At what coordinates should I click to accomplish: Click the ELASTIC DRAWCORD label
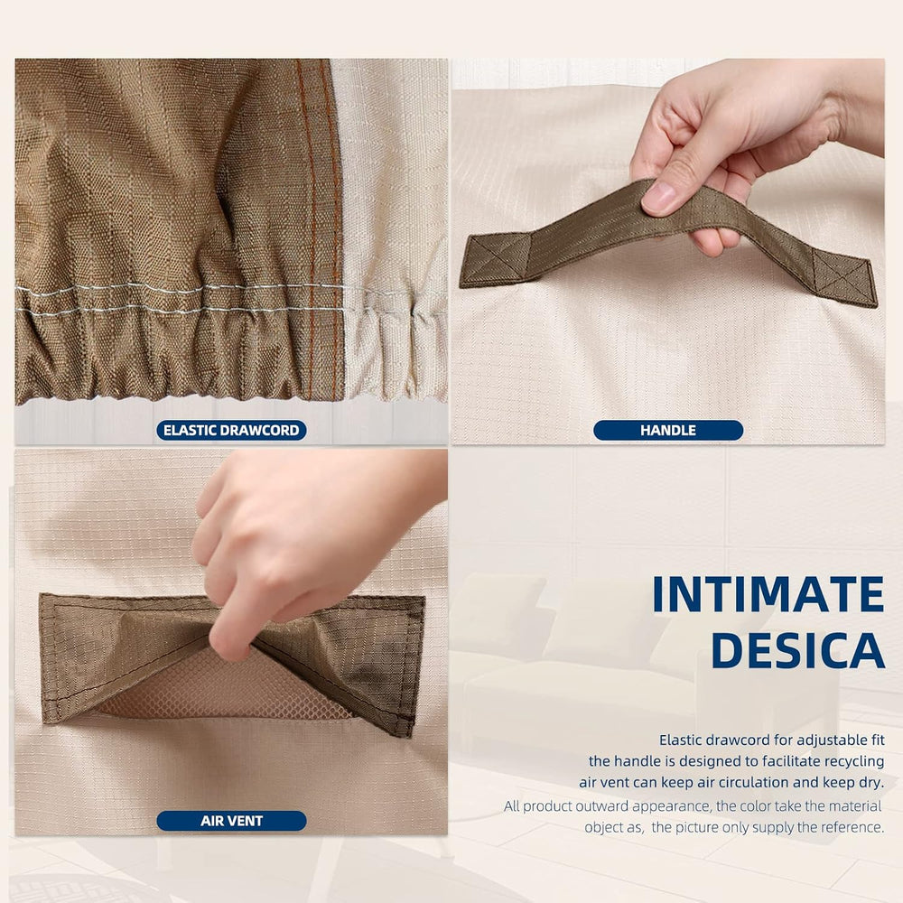coord(231,430)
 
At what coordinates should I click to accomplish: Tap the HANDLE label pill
coord(668,430)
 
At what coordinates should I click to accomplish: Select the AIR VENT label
coord(231,821)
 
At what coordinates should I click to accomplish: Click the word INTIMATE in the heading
coord(768,594)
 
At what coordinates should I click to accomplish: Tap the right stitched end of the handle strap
coord(843,277)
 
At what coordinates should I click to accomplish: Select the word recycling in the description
coord(854,761)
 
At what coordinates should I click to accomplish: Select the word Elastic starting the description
coord(681,740)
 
